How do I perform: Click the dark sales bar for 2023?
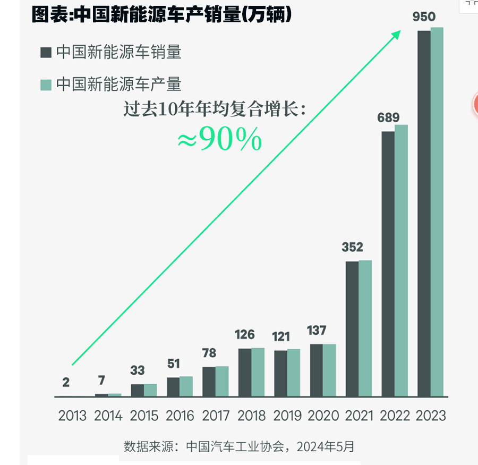pyautogui.click(x=424, y=213)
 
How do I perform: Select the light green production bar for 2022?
pyautogui.click(x=401, y=260)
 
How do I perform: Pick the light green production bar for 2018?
pyautogui.click(x=258, y=372)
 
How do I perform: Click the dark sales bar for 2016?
pyautogui.click(x=173, y=387)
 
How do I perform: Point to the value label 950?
pyautogui.click(x=424, y=17)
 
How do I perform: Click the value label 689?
pyautogui.click(x=388, y=117)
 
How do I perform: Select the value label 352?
pyautogui.click(x=352, y=247)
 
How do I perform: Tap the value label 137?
pyautogui.click(x=317, y=331)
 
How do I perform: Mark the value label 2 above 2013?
pyautogui.click(x=66, y=382)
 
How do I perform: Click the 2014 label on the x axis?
pyautogui.click(x=108, y=416)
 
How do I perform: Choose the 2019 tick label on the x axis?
pyautogui.click(x=287, y=416)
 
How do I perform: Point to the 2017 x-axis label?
pyautogui.click(x=216, y=416)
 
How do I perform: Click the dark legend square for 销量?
pyautogui.click(x=46, y=53)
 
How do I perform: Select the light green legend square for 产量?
pyautogui.click(x=46, y=84)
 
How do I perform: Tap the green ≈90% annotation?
pyautogui.click(x=219, y=140)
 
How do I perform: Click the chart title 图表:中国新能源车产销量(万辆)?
pyautogui.click(x=162, y=14)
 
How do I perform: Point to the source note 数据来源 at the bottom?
pyautogui.click(x=239, y=446)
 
